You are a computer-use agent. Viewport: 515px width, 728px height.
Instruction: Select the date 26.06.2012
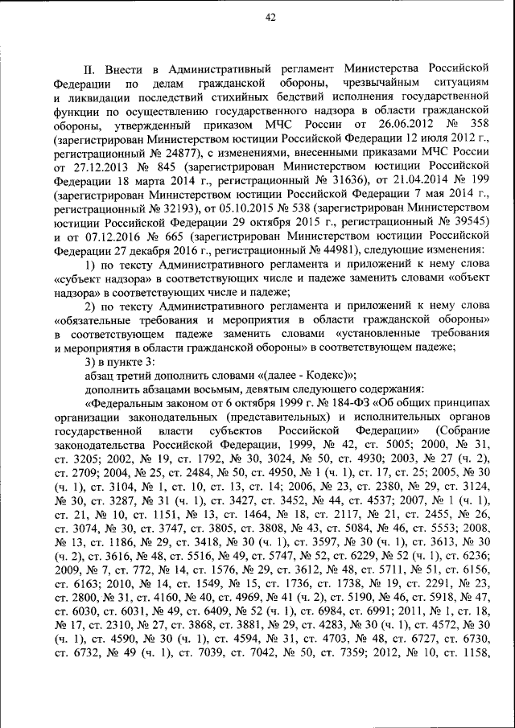[405, 125]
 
